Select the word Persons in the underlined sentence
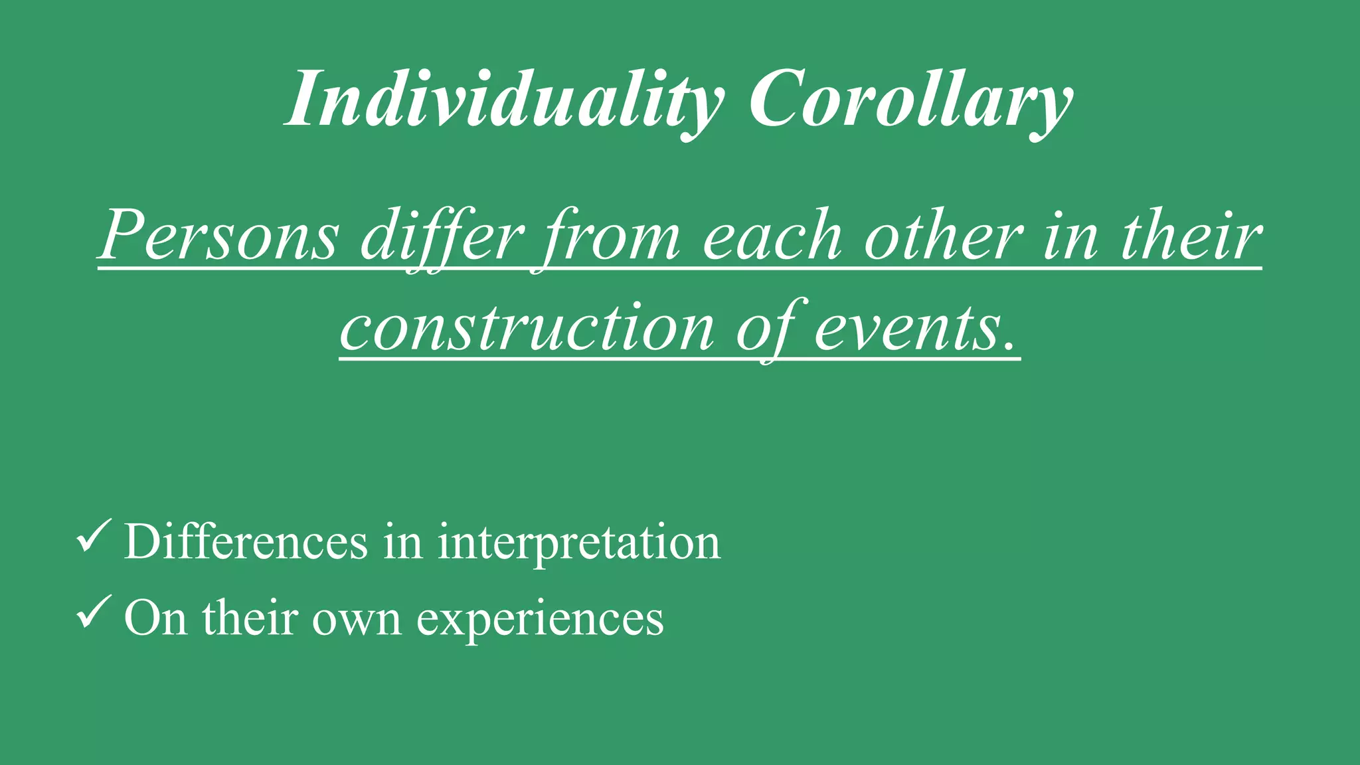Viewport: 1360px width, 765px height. tap(219, 236)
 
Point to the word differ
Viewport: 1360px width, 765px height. tap(442, 236)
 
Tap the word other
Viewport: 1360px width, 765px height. tap(943, 236)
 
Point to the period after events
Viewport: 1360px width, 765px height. tap(1010, 345)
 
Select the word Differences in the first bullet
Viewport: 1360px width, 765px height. tap(246, 542)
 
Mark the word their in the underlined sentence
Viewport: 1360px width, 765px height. tap(1191, 236)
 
